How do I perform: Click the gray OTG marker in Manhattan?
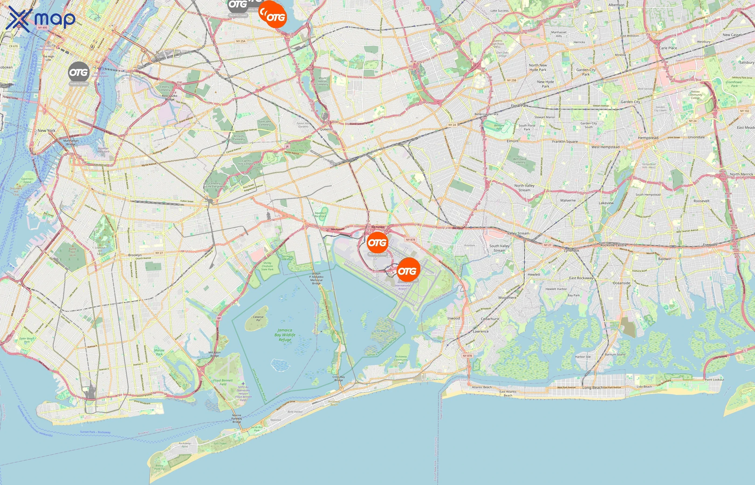point(78,73)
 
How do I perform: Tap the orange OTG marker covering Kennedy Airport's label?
point(408,270)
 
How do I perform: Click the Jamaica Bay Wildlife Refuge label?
point(285,335)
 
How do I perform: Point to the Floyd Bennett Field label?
point(223,382)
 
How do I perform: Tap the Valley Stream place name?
point(518,233)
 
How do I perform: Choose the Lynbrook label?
point(571,250)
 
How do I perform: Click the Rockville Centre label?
point(613,245)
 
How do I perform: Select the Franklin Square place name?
point(565,142)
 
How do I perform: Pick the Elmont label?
point(512,141)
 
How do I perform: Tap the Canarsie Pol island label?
point(258,318)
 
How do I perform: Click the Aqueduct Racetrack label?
point(320,214)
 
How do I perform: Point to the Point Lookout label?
point(714,379)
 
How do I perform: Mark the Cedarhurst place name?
point(490,319)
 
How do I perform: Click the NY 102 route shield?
point(744,111)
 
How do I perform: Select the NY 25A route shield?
point(241,41)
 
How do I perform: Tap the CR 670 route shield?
point(13,46)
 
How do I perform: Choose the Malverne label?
point(568,200)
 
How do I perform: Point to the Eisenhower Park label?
point(734,84)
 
